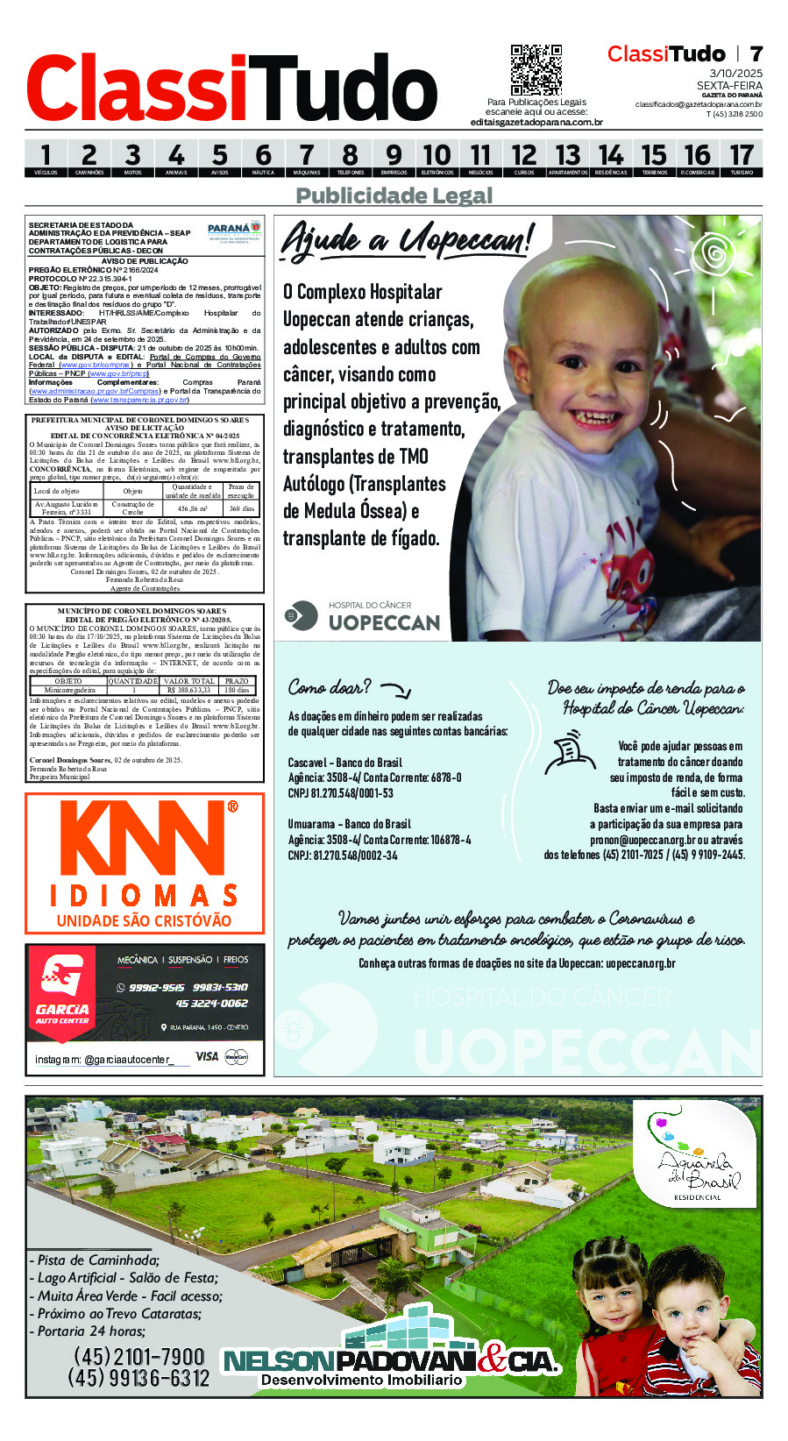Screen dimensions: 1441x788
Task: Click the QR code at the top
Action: point(536,69)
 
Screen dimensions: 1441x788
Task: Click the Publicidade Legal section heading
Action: point(394,195)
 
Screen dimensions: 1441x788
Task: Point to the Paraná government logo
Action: point(234,232)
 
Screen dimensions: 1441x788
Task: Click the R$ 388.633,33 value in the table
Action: point(189,690)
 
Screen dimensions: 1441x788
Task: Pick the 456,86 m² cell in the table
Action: point(192,508)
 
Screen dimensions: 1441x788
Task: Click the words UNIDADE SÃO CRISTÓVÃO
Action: point(144,920)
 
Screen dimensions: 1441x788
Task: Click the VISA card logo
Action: point(207,1056)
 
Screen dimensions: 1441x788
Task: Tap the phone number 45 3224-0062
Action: point(211,1004)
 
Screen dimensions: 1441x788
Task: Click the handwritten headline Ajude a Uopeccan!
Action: point(406,239)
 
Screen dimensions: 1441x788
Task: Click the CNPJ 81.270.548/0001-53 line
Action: point(340,793)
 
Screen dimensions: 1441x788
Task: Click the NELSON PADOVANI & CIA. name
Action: point(390,1360)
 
